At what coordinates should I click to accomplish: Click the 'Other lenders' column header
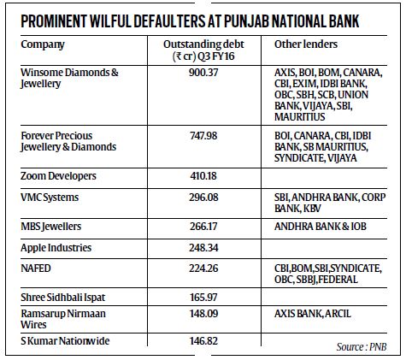[305, 43]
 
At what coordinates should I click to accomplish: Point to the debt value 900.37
[209, 74]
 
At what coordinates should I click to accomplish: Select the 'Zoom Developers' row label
[59, 175]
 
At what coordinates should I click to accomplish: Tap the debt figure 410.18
[209, 175]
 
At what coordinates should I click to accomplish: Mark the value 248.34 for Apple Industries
[209, 247]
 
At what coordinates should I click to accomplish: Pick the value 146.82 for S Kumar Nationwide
[209, 340]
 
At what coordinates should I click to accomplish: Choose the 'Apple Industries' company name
[58, 247]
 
